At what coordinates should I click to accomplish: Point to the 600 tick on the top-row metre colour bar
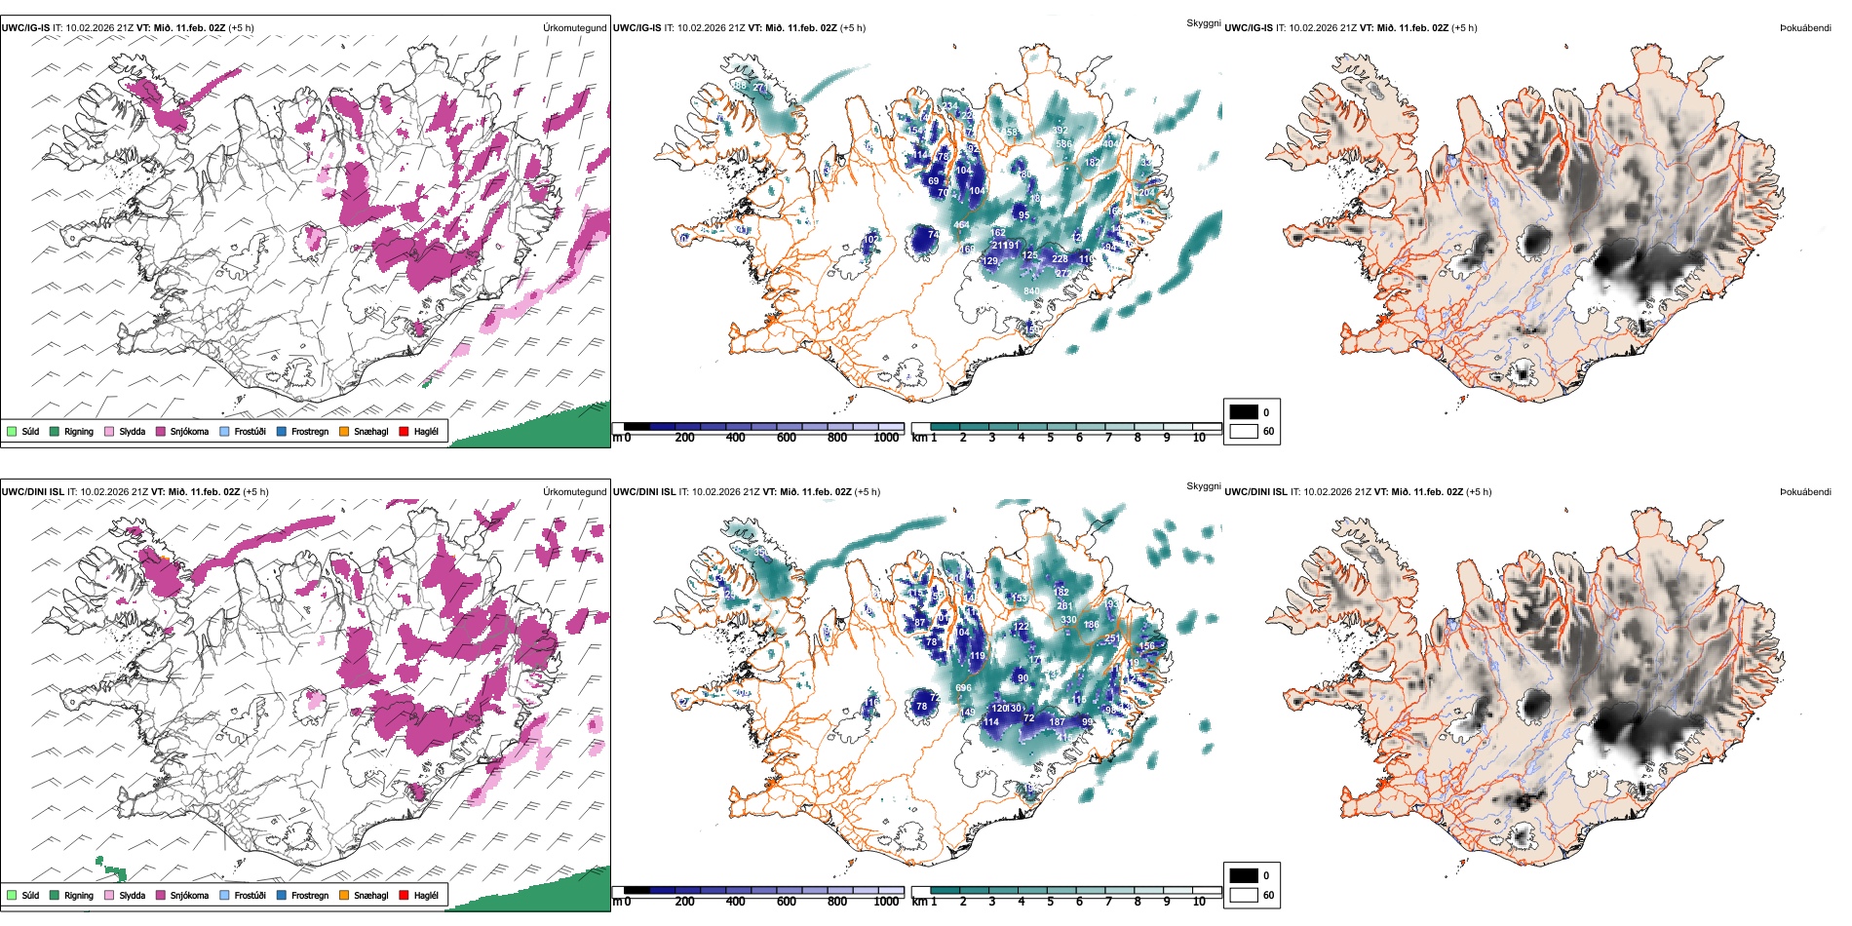[787, 438]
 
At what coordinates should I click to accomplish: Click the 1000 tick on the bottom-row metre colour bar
[886, 902]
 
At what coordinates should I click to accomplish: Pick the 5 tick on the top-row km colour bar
[1050, 438]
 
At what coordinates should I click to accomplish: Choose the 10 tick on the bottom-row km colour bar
[1199, 902]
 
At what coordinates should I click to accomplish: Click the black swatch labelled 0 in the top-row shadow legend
[1244, 412]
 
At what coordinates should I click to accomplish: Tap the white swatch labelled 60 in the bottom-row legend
[1244, 895]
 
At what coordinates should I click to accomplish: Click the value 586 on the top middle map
[1063, 144]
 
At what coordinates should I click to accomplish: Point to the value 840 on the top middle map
[1031, 291]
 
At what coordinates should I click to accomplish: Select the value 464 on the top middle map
[961, 225]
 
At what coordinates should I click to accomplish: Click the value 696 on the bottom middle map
[963, 688]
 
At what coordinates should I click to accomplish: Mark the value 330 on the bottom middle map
[1068, 620]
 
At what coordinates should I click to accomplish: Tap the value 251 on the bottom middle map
[1111, 639]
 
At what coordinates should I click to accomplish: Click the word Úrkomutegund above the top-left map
[574, 28]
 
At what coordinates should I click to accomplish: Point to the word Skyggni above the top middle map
[1203, 22]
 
